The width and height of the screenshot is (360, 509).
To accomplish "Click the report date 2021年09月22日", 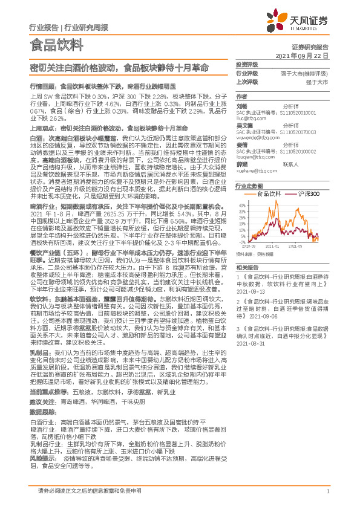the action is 302,55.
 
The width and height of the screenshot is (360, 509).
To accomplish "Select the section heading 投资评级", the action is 246,65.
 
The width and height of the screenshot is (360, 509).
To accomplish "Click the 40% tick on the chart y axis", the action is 241,204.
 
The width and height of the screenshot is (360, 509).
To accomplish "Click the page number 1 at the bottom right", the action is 327,491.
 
